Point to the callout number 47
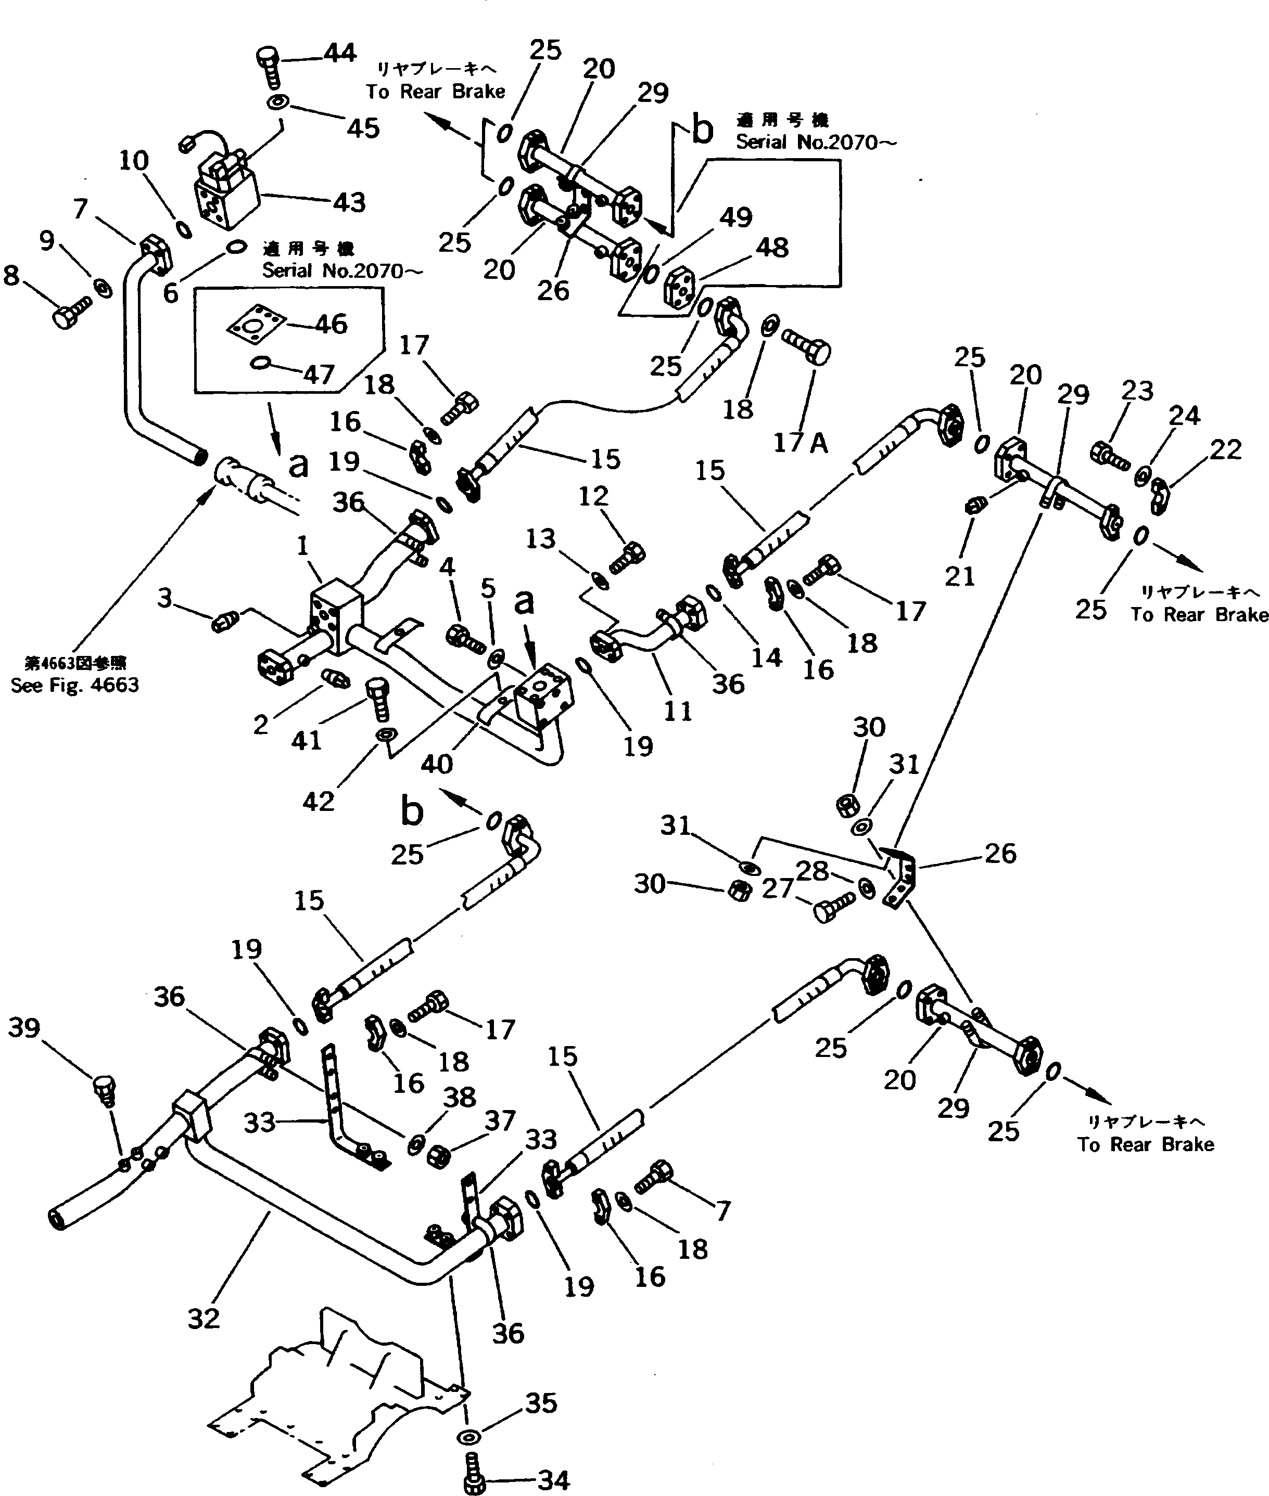click(318, 374)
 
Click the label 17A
click(800, 443)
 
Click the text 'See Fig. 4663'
click(75, 685)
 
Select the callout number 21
click(960, 576)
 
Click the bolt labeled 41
click(379, 698)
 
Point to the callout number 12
click(593, 496)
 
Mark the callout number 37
click(500, 1120)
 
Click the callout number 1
click(302, 546)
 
